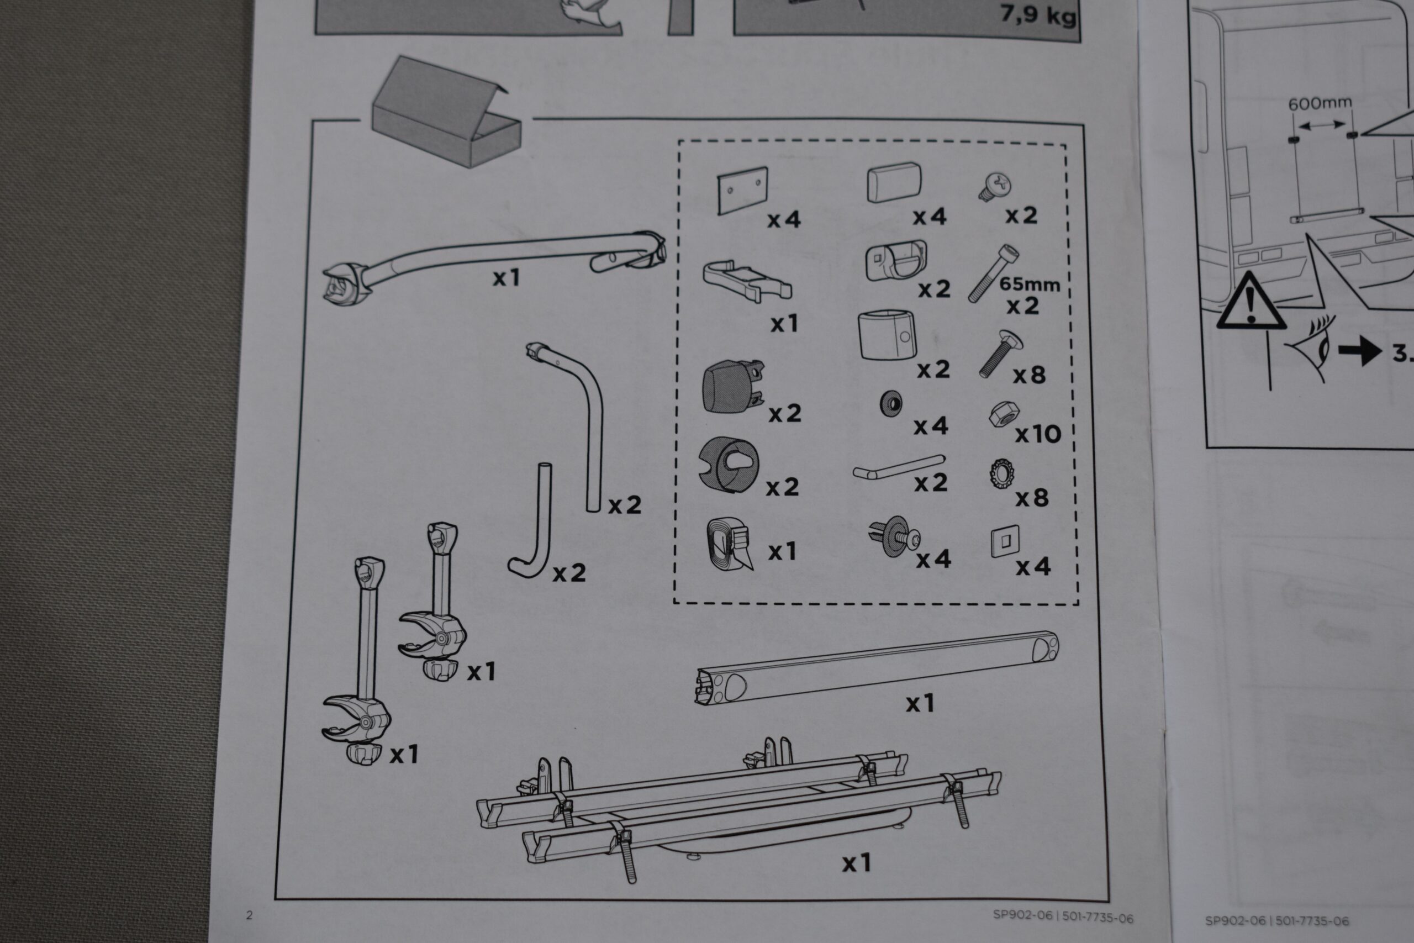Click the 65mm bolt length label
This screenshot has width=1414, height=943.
(x=1029, y=284)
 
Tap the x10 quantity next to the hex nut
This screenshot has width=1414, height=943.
(x=1038, y=434)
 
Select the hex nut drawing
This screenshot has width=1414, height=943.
(x=1004, y=414)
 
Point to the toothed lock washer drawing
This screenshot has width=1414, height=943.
(x=1001, y=474)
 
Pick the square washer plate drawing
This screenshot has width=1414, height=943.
(x=1005, y=541)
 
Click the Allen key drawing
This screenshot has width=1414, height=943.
(x=898, y=467)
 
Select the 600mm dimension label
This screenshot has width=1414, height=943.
(x=1320, y=103)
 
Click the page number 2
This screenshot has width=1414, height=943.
(x=250, y=916)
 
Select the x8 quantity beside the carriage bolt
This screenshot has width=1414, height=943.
(x=1029, y=375)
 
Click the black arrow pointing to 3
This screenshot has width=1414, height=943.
(x=1359, y=351)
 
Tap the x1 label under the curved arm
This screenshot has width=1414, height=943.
(x=505, y=278)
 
